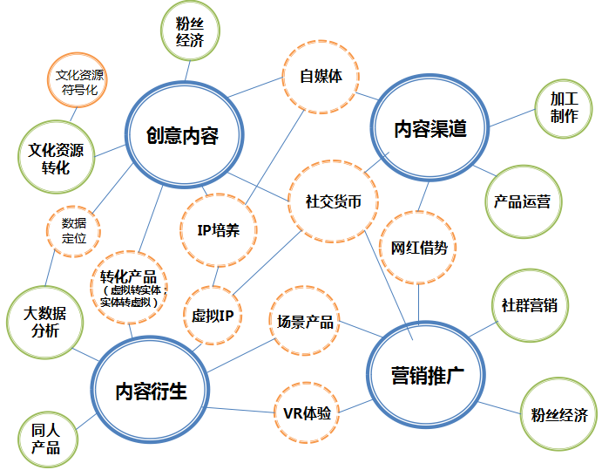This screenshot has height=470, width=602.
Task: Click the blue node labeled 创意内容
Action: (181, 134)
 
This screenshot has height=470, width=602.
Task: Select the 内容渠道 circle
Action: (430, 129)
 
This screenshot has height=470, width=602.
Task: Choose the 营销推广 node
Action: (427, 377)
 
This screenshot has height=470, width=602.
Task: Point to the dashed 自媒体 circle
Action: (320, 77)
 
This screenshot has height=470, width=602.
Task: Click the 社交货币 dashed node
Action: (328, 201)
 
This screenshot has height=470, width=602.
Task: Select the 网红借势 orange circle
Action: (418, 247)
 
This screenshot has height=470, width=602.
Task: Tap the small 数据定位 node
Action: (74, 230)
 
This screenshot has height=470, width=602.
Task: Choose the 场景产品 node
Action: (304, 322)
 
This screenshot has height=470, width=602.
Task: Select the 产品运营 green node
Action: (522, 201)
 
